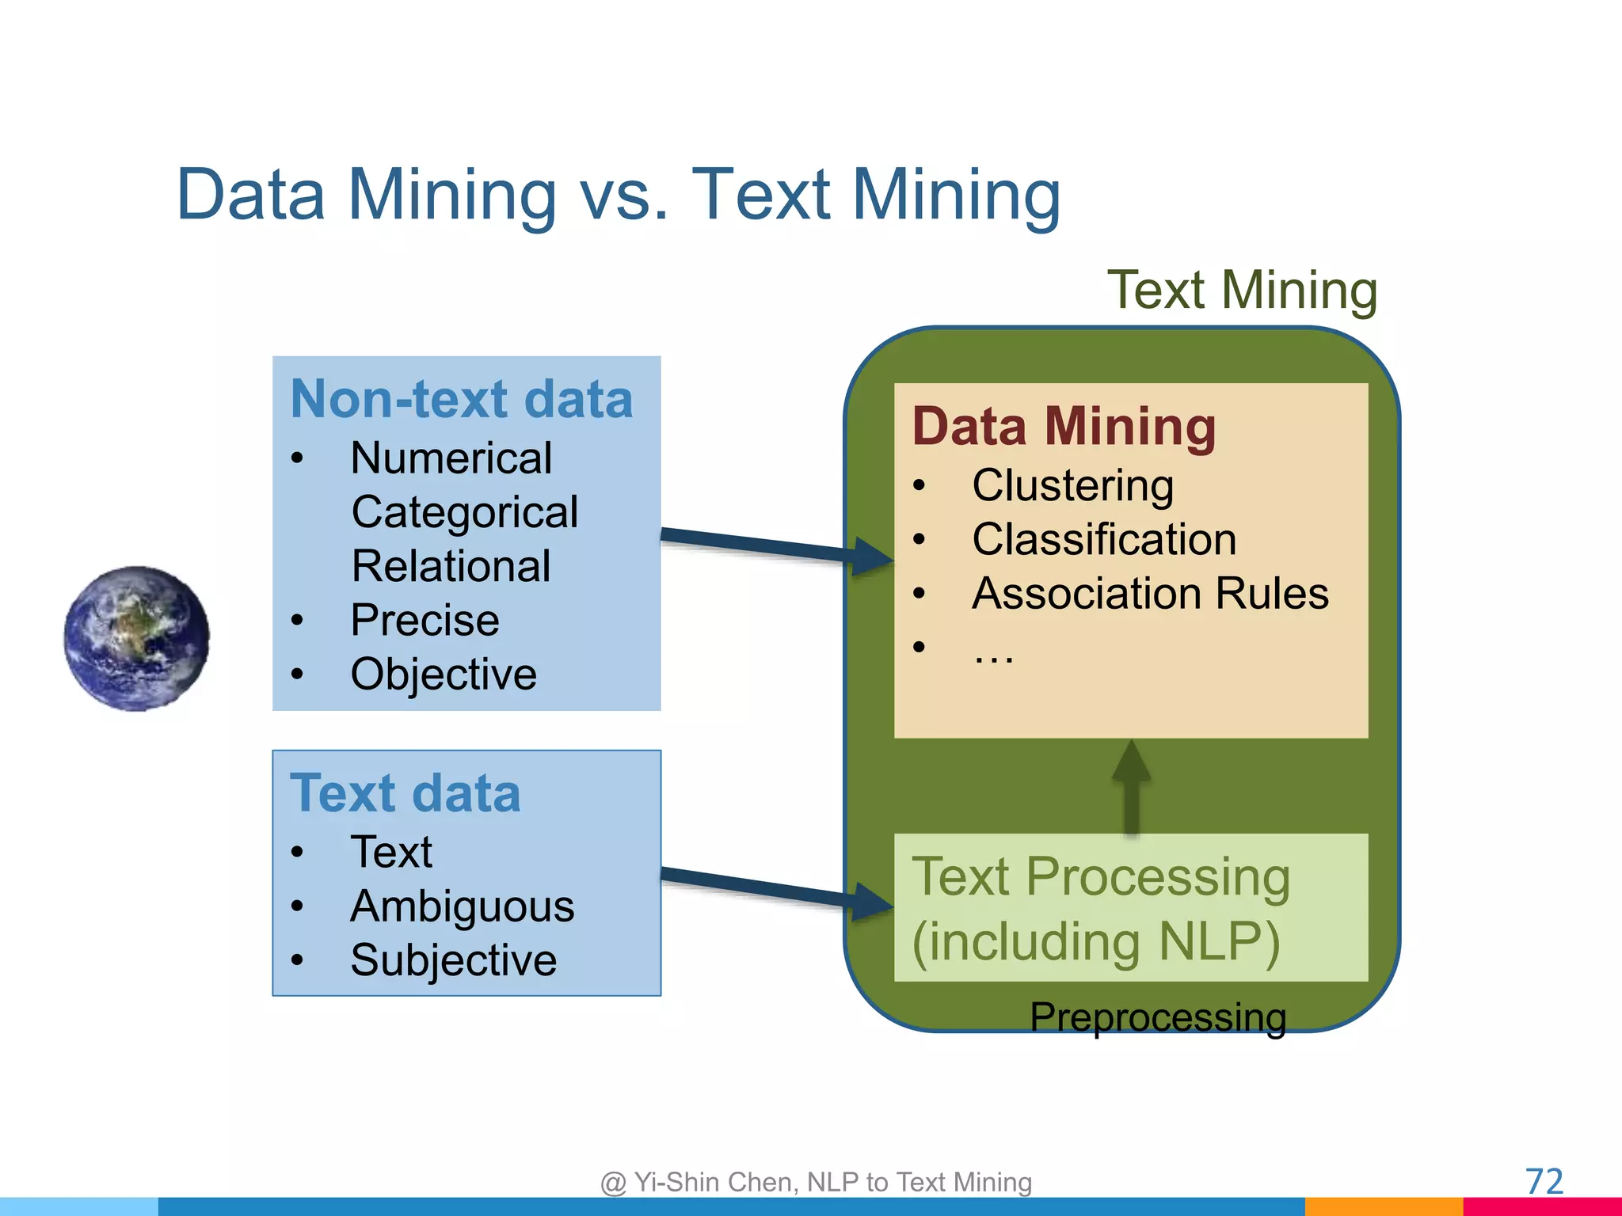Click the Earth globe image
tap(137, 638)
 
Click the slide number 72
tap(1544, 1182)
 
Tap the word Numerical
tap(451, 458)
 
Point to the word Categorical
tap(464, 512)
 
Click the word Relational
tap(451, 566)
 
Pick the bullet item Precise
tap(425, 620)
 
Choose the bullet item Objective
tap(444, 674)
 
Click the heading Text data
tap(405, 793)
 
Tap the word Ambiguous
tap(462, 906)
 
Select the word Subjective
tap(453, 960)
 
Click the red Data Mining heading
tap(1064, 427)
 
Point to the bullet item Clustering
tap(1072, 485)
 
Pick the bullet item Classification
tap(1104, 540)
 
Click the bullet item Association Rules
tap(1150, 594)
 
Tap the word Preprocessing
tap(1158, 1017)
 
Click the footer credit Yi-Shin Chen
tap(816, 1182)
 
